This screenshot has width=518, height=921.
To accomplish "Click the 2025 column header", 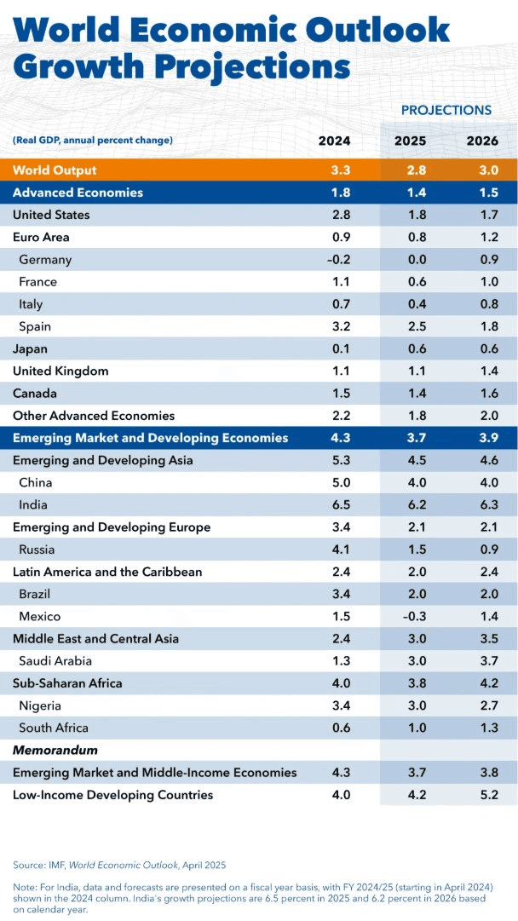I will coord(410,141).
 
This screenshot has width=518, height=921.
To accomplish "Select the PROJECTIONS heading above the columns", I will coord(446,110).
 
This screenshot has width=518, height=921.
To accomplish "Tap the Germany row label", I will coord(45,260).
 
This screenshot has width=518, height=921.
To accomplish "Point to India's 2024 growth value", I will coord(339,504).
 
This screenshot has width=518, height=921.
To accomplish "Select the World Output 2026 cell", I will coord(481,170).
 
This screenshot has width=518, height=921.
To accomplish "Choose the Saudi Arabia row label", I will coord(55,661).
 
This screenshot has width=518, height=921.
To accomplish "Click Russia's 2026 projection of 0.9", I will coord(481,550).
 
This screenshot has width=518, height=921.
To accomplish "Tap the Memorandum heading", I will coord(55,751).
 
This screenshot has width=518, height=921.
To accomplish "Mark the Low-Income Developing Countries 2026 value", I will coord(481,795).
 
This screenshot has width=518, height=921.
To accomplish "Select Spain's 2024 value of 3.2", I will coord(339,326).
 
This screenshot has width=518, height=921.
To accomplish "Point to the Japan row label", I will coord(30,348).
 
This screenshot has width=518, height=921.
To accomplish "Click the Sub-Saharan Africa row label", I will coord(67,683).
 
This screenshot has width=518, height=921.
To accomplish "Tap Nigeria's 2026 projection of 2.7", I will coord(481,705).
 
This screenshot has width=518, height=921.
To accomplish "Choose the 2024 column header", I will coord(335,141).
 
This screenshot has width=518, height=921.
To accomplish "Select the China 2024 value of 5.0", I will coord(339,482).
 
